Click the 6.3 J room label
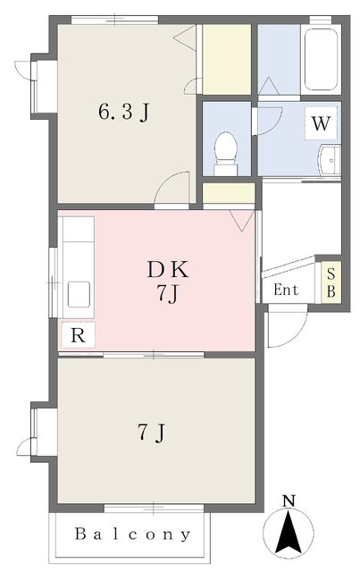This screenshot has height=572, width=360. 123,112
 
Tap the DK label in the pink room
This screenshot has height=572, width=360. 168,270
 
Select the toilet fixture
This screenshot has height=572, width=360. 226,153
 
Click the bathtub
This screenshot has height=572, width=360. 321,59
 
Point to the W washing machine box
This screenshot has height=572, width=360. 321,123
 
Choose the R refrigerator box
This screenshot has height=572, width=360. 78,335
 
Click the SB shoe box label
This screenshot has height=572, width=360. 331,282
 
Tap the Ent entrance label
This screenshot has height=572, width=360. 287,290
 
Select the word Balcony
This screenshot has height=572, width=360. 132,534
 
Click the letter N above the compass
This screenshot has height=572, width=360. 289,500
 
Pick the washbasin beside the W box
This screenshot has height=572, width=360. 330,160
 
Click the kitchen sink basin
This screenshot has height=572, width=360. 79,294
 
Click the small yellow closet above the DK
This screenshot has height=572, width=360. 229,193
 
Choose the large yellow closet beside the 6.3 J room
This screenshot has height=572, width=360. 227,60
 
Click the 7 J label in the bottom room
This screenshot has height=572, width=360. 152,433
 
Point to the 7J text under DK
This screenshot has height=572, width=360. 168,294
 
